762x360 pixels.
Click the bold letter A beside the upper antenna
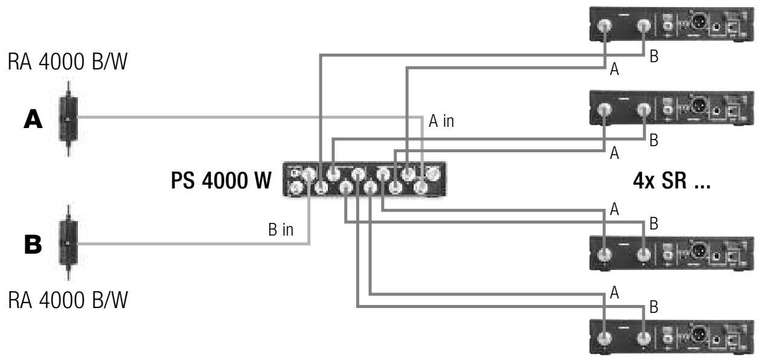pos(33,119)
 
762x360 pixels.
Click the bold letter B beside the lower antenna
pos(33,245)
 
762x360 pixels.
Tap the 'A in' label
pos(441,121)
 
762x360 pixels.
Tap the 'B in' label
pos(281,230)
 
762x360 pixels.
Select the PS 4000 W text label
pos(221,181)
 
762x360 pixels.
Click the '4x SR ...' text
pos(671,181)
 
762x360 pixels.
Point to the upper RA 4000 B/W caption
pos(68,62)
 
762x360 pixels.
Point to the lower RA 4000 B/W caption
pos(68,300)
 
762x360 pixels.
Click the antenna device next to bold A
pos(69,118)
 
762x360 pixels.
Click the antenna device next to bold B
pos(69,243)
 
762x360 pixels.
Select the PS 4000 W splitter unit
pos(364,179)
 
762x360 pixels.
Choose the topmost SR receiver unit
pos(671,25)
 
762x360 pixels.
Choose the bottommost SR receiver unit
pos(671,338)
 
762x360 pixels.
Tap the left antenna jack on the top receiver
pos(604,25)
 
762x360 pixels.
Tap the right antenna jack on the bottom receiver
pos(644,339)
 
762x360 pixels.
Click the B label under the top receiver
pos(654,57)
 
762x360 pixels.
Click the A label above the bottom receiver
pos(614,292)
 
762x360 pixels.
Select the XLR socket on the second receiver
pos(698,106)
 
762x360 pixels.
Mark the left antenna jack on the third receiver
pos(604,254)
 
